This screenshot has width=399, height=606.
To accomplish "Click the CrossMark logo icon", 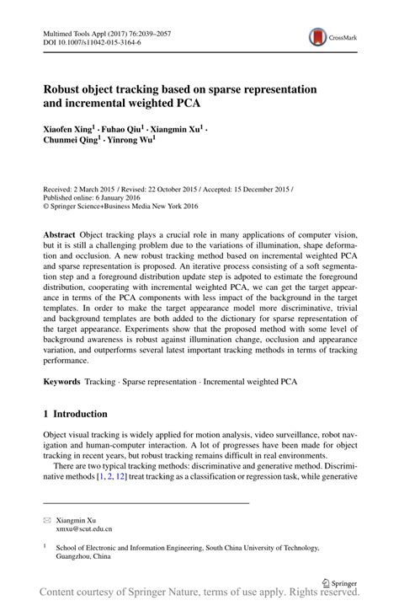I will click(x=318, y=37).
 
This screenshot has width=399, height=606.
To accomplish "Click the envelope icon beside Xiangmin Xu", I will click(x=47, y=519).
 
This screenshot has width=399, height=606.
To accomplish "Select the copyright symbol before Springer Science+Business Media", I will click(x=47, y=203).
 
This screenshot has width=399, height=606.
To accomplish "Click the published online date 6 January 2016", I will click(x=125, y=194).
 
